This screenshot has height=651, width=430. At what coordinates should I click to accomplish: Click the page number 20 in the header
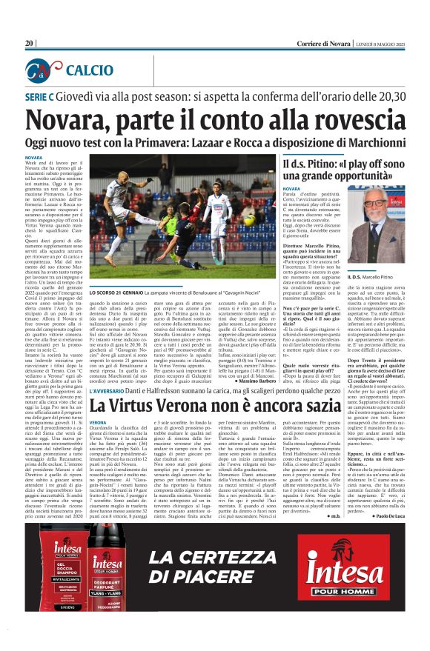[30, 44]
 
